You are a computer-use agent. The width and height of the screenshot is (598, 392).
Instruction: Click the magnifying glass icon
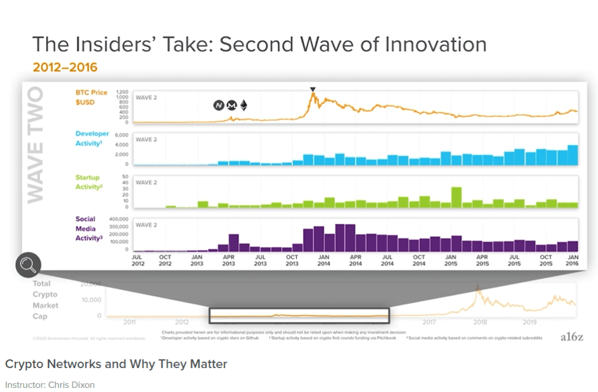(x=27, y=265)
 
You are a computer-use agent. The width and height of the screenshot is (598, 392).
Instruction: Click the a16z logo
(x=570, y=337)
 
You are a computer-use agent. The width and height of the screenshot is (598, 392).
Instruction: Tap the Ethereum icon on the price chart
(x=243, y=105)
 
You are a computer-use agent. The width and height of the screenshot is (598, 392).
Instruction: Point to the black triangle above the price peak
(x=313, y=89)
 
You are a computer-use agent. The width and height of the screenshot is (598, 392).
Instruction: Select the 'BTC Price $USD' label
(x=91, y=98)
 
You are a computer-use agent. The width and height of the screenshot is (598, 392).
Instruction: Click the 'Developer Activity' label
(x=92, y=139)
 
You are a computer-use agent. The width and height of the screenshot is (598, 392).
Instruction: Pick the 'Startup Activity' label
(x=88, y=182)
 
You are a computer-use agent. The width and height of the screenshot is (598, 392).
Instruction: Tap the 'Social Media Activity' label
(x=85, y=228)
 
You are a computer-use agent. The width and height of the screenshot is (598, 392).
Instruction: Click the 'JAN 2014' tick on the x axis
(x=323, y=260)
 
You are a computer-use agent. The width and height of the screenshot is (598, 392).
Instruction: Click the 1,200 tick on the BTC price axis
(x=121, y=92)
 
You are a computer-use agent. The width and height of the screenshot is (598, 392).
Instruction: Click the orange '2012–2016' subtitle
(x=65, y=68)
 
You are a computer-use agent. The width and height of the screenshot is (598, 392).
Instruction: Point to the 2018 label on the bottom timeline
(x=480, y=322)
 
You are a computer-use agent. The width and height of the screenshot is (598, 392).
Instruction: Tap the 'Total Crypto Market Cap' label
(x=46, y=300)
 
